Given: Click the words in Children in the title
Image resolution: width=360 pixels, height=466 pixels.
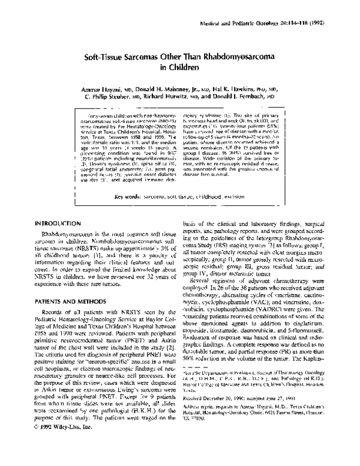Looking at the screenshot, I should tap(180, 68).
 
